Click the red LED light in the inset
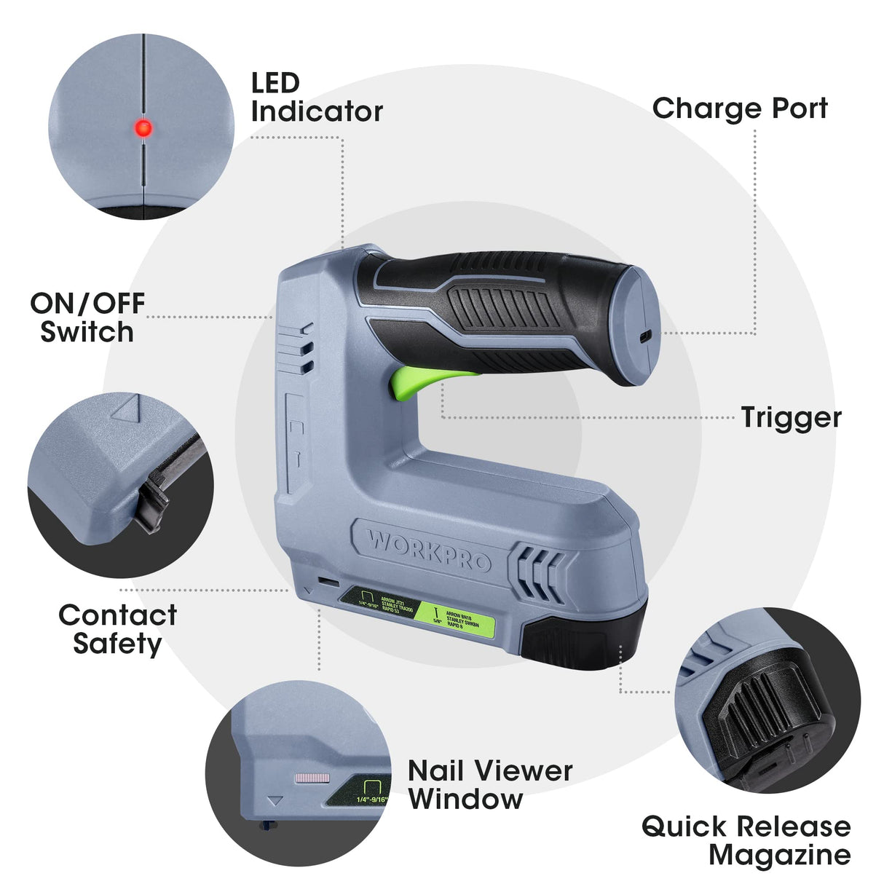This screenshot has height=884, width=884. click(143, 129)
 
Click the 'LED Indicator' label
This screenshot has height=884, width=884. click(316, 98)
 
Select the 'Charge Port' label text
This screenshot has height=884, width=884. click(740, 108)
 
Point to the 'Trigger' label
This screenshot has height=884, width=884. click(791, 418)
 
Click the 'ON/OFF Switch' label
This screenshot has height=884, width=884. click(87, 317)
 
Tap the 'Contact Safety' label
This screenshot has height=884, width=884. click(117, 629)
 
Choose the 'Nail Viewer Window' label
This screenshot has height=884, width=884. click(490, 784)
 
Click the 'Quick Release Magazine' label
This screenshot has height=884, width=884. click(746, 840)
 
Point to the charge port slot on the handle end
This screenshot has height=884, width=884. click(644, 337)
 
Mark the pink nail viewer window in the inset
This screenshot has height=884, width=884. click(312, 778)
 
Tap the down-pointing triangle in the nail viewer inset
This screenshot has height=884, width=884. click(275, 802)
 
